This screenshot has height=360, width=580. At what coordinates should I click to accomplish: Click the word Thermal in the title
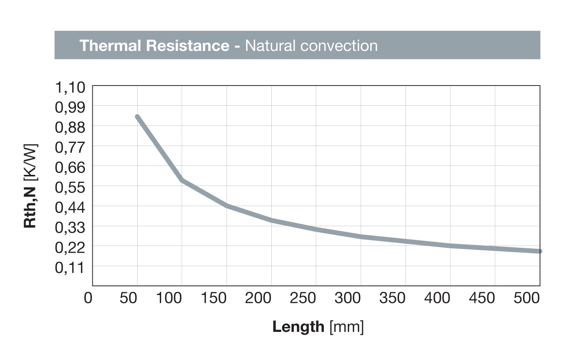pos(111,46)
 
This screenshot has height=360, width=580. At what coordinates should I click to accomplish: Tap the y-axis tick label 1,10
pos(70,87)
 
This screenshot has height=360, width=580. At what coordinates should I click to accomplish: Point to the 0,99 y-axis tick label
pos(70,107)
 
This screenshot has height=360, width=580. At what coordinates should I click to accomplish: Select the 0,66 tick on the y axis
pos(70,167)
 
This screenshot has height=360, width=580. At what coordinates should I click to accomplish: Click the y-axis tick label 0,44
pos(70,208)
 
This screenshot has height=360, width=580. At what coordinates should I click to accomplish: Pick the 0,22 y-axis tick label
pos(70,248)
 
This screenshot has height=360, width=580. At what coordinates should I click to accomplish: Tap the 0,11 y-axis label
pos(70,268)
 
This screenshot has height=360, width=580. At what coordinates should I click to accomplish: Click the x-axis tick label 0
pos(88,298)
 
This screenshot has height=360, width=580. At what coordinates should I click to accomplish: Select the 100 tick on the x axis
pos(169,298)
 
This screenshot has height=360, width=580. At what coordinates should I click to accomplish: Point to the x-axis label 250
pos(303,298)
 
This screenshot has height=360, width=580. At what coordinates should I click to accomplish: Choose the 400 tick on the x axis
pos(437,298)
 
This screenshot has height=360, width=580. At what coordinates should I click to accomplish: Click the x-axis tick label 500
pos(526,298)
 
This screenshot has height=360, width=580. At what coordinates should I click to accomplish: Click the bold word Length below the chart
pos(298,327)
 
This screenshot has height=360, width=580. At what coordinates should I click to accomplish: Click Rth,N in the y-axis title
pos(30,207)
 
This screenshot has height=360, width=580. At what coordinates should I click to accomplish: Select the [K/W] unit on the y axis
pos(30,163)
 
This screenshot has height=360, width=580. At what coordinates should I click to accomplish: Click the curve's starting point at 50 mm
pos(137,117)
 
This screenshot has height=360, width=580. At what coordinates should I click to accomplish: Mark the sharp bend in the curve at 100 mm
pos(182,180)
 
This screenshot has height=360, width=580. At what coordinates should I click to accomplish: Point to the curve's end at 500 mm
pos(539,251)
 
